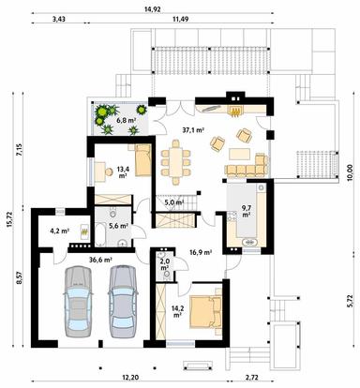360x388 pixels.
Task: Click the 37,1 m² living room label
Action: coord(193,130)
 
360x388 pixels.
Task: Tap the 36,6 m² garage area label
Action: coord(101,260)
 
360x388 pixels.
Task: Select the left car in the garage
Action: coord(78,301)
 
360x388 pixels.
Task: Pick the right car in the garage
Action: coord(123,301)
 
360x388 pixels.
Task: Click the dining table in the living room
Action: coord(176,162)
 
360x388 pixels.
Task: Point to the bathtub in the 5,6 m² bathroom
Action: coord(101,234)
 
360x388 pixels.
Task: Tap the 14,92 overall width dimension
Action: coord(153,9)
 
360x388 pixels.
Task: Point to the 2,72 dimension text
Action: coord(252,378)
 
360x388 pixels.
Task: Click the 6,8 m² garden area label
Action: coord(126,120)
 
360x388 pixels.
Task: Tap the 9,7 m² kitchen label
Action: coord(247,210)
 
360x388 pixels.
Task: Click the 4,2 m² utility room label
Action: coord(59,231)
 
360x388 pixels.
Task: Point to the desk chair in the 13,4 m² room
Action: coord(109,172)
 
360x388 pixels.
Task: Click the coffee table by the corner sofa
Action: coord(240,154)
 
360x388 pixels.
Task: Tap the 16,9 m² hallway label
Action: coord(201,252)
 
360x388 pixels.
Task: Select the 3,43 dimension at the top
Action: coord(59,20)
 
